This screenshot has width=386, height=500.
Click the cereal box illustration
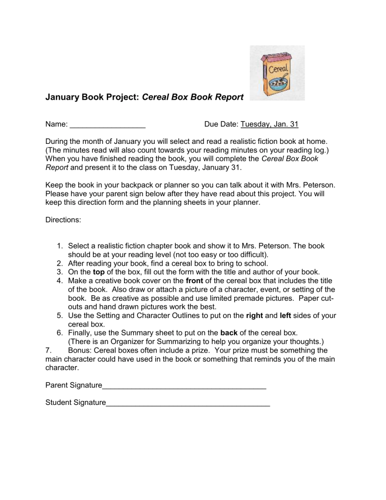point(277,73)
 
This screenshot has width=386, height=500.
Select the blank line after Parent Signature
point(183,385)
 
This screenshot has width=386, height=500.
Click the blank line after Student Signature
point(187,402)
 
